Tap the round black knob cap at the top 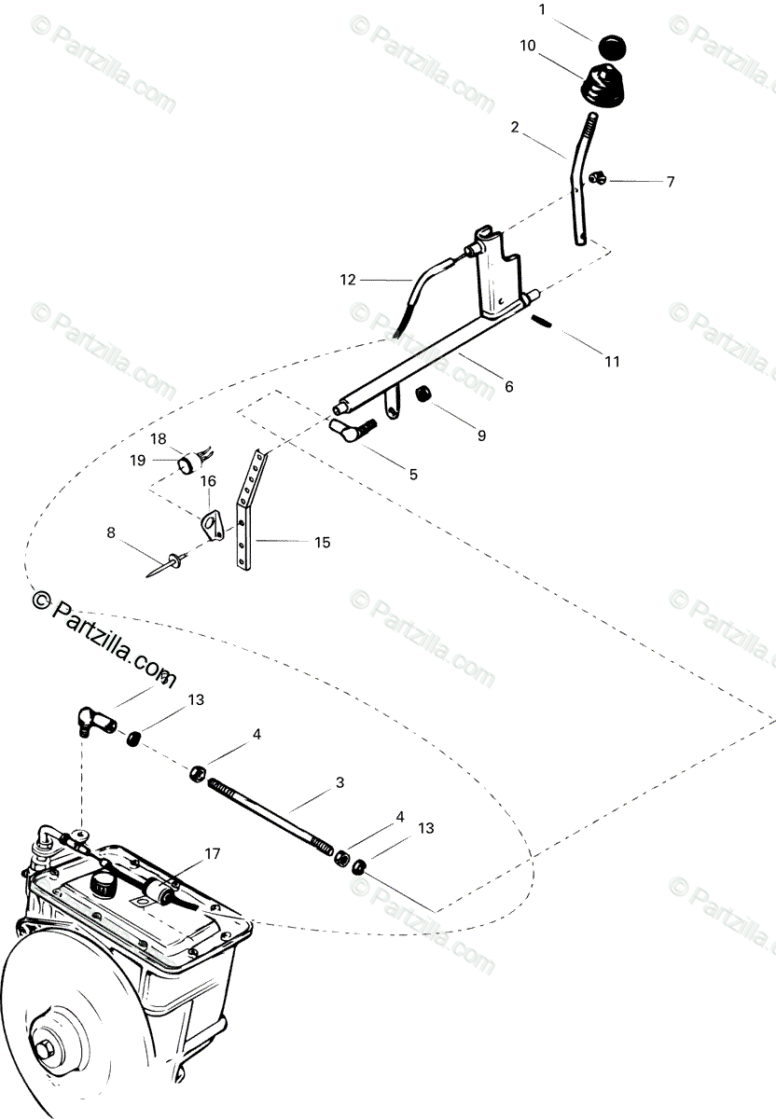pos(611,46)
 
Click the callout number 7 pos(670,182)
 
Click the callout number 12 pos(348,279)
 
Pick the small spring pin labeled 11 pos(546,322)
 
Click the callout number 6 pos(508,385)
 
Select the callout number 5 pos(412,475)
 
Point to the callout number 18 pos(159,438)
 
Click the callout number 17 pos(213,852)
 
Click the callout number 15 pos(323,542)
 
